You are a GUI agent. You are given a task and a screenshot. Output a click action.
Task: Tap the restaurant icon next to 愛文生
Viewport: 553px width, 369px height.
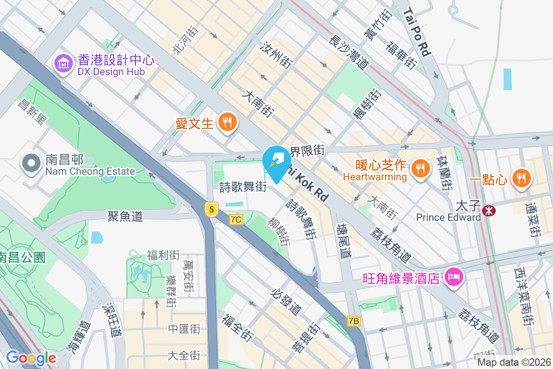[227, 122]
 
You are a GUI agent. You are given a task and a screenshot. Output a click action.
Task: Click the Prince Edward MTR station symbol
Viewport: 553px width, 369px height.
[488, 211]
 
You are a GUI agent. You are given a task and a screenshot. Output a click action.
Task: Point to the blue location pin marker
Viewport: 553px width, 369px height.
[276, 162]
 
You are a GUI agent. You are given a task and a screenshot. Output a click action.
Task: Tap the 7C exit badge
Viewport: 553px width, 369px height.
[236, 220]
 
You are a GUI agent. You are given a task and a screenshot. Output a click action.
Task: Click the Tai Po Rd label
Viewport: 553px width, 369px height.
[418, 32]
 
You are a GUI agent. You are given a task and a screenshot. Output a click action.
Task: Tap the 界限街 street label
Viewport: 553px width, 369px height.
[307, 150]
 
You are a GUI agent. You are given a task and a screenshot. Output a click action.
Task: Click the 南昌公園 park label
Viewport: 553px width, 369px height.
[22, 257]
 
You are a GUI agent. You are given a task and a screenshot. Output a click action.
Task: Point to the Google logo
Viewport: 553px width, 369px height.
[31, 357]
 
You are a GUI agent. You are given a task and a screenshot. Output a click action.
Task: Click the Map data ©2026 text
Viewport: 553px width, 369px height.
[513, 363]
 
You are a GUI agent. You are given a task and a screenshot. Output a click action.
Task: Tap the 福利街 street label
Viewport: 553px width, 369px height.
[163, 255]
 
